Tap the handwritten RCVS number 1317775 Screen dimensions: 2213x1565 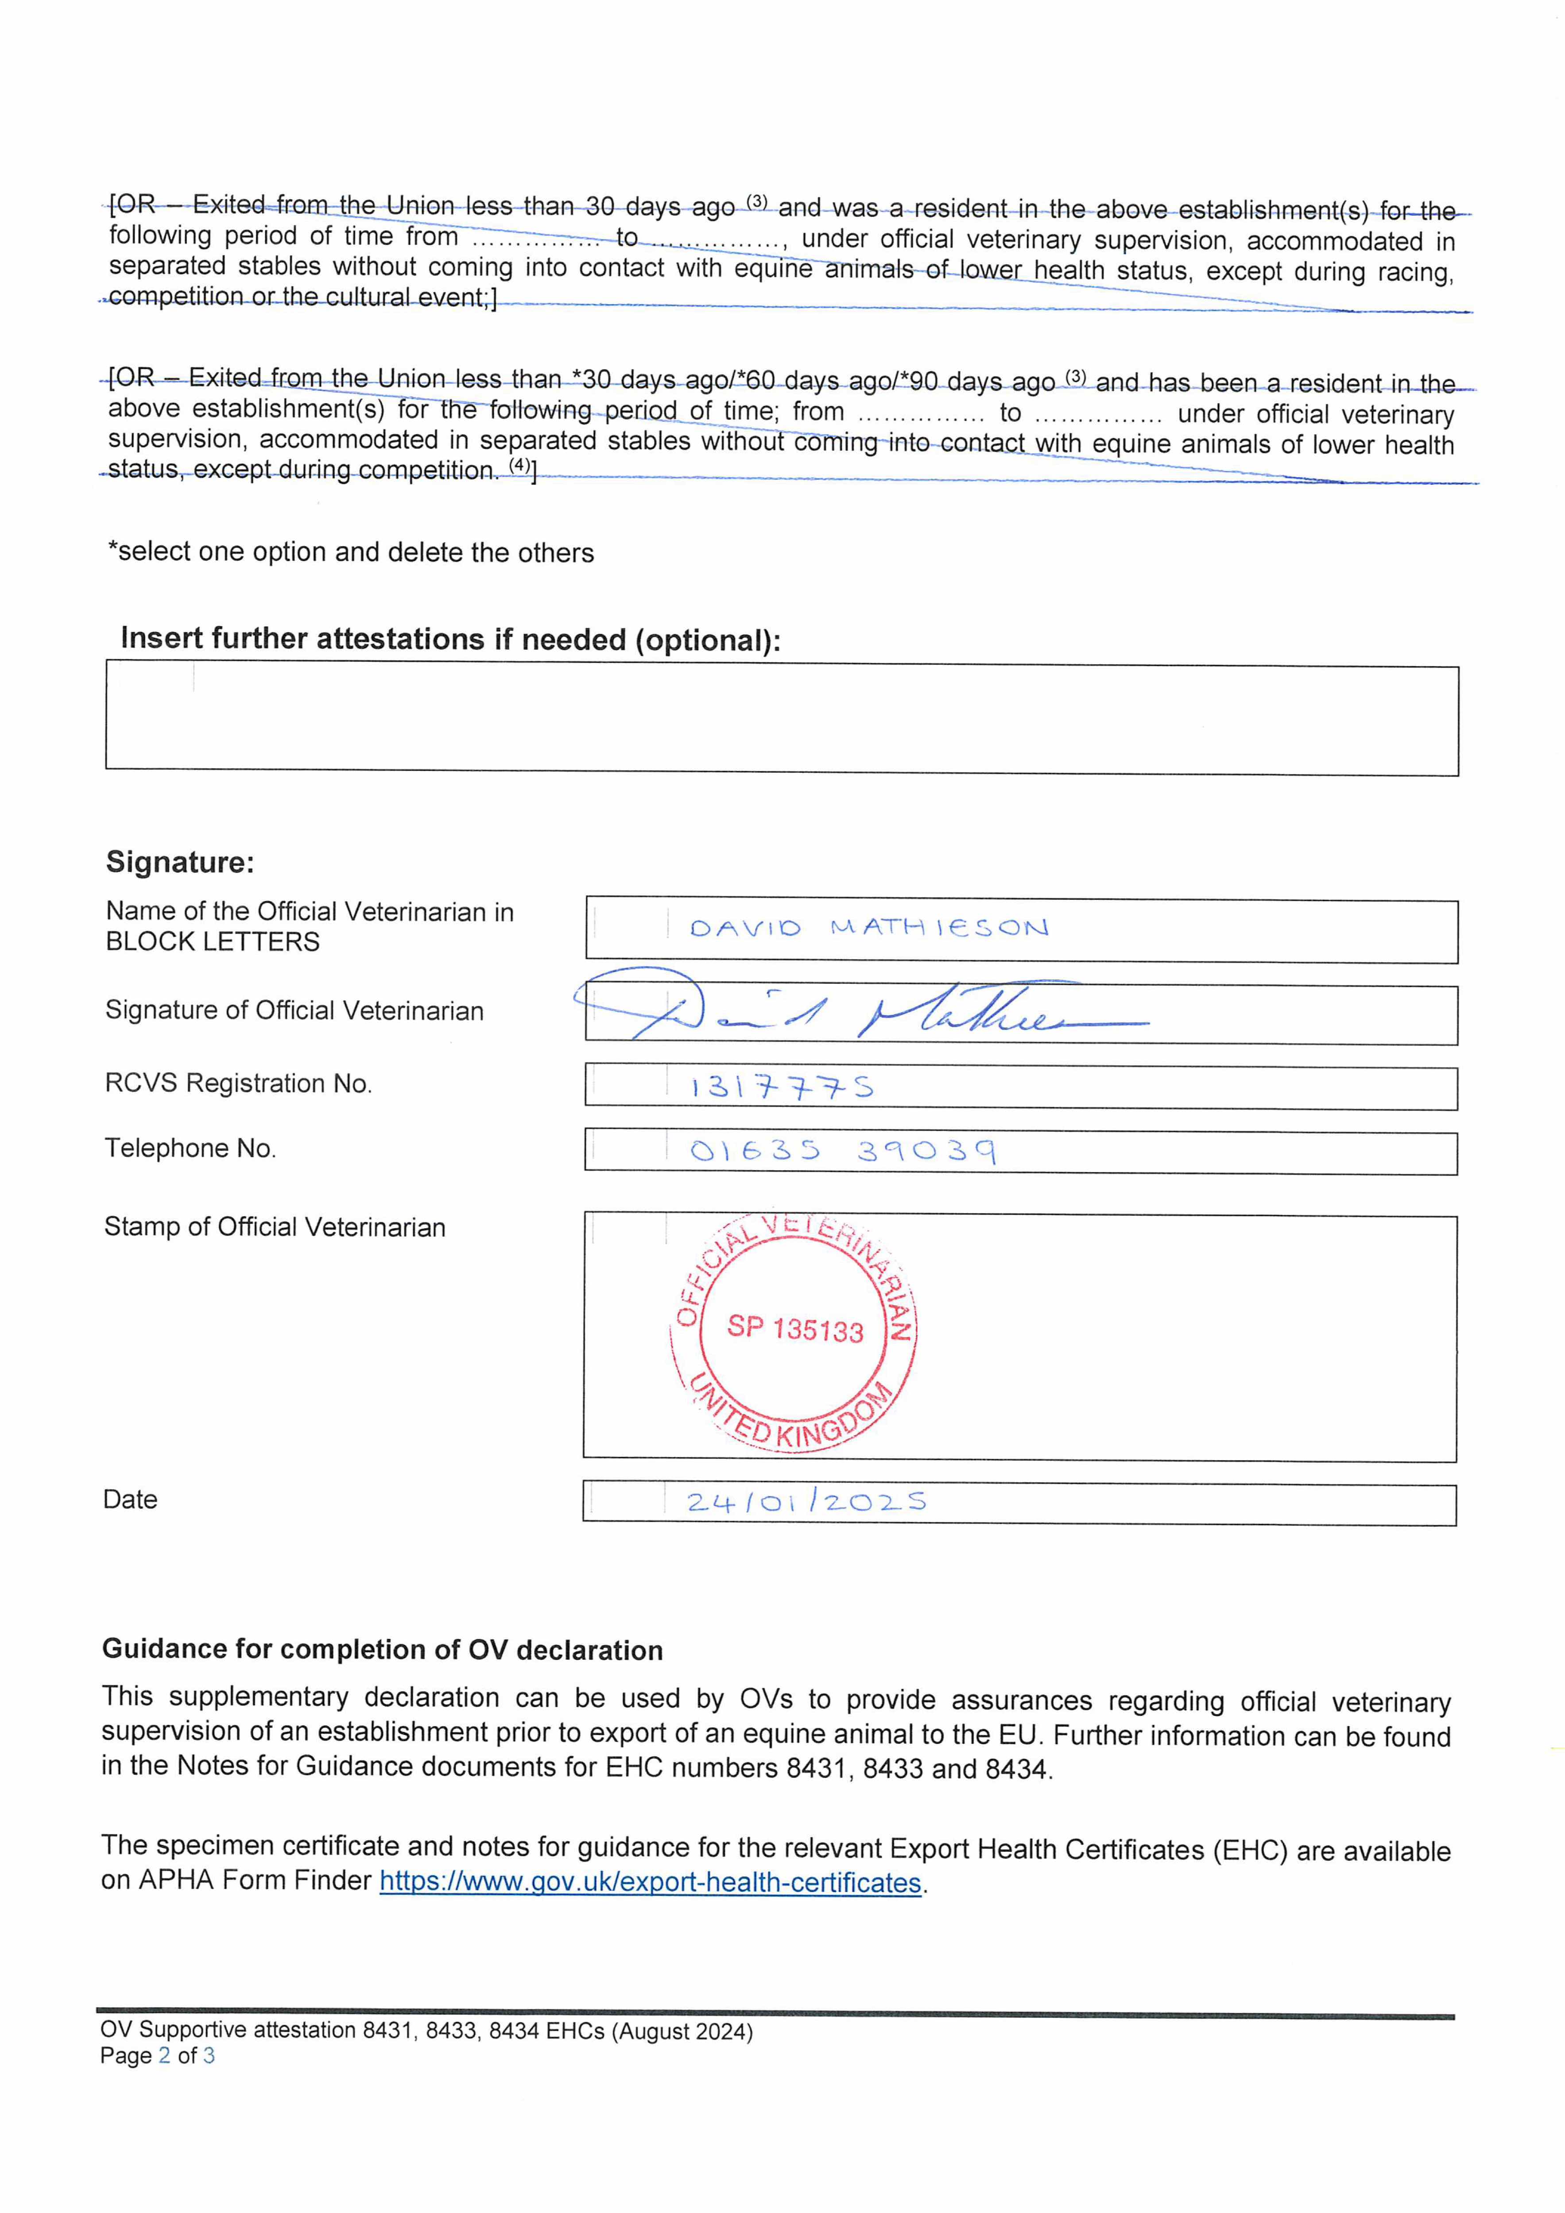click(x=781, y=1087)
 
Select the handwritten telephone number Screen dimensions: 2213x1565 click(x=842, y=1150)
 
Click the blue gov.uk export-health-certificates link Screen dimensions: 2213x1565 click(x=651, y=1881)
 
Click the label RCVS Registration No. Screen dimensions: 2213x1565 click(x=238, y=1083)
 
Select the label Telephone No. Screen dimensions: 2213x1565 click(x=190, y=1148)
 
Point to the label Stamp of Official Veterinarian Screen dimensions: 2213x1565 click(x=275, y=1227)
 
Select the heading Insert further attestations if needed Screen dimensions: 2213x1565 click(x=450, y=639)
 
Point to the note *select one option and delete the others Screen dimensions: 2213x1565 click(x=351, y=552)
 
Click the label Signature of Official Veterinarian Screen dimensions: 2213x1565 click(x=294, y=1010)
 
